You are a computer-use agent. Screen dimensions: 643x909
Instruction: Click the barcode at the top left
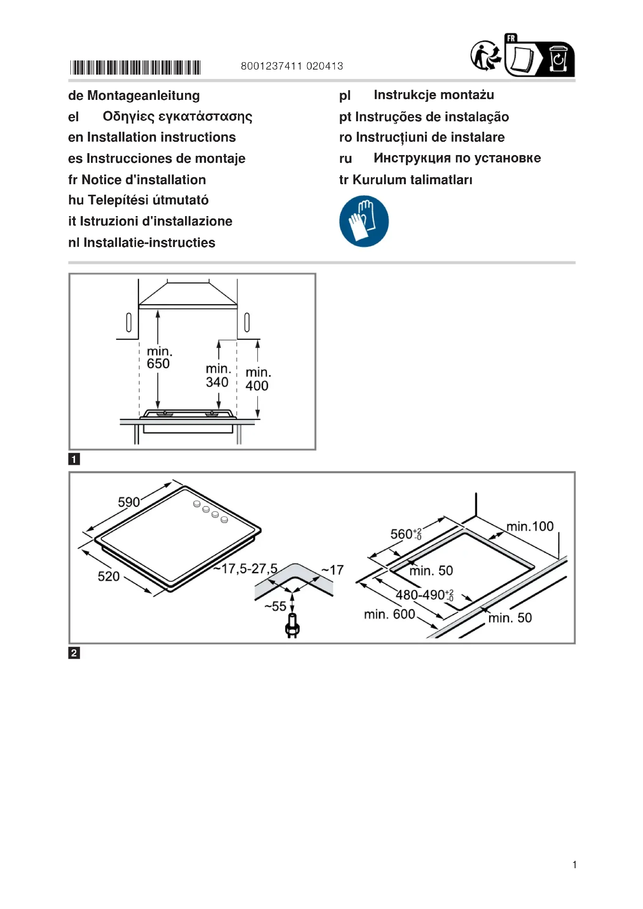tap(135, 67)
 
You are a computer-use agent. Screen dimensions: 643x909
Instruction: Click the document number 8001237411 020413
tap(292, 66)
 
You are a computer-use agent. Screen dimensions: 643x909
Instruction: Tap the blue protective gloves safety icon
tap(364, 221)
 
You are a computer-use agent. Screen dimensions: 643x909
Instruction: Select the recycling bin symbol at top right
tap(558, 59)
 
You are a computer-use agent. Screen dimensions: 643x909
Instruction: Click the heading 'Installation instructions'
tap(161, 137)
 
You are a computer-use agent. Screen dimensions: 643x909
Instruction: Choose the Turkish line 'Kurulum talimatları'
tap(412, 180)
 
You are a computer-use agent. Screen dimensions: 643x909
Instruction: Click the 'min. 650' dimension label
tap(159, 358)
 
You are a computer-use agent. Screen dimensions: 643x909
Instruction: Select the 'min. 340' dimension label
tap(217, 375)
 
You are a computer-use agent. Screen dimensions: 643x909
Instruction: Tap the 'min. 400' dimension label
tap(257, 379)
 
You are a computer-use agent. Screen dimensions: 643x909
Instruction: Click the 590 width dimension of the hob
tap(129, 502)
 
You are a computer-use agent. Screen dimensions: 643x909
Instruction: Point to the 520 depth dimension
tap(108, 576)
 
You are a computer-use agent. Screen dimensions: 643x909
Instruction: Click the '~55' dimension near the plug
tap(275, 606)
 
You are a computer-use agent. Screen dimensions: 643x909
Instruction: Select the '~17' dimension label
tap(333, 570)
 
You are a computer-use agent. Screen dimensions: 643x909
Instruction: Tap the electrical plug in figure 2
tap(293, 626)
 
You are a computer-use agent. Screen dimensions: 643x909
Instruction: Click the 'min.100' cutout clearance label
tap(530, 527)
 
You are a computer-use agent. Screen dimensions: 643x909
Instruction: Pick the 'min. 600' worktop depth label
tap(390, 614)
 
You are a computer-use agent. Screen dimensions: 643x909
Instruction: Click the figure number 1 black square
tap(74, 459)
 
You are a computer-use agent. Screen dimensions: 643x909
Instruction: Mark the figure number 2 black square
tap(74, 653)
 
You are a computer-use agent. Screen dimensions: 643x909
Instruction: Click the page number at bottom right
tap(574, 865)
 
